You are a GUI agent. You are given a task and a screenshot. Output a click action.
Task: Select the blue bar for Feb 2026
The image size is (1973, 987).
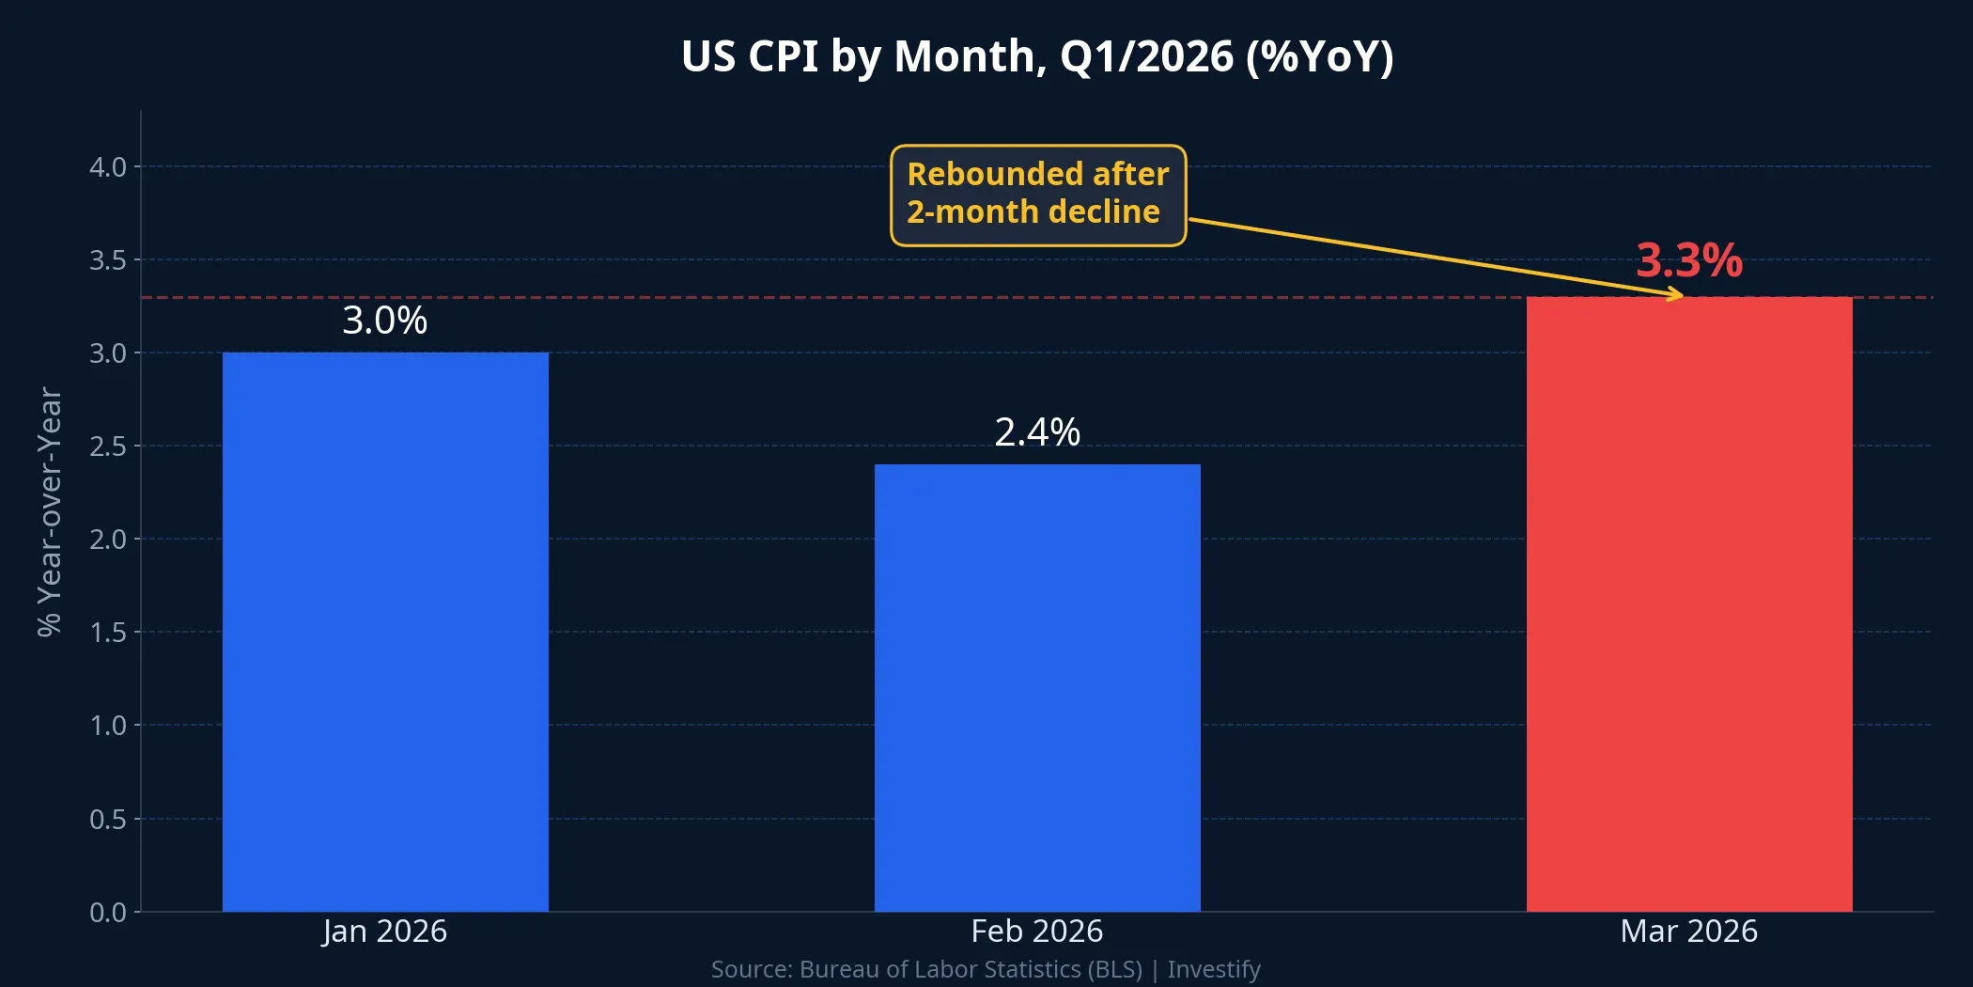[1037, 687]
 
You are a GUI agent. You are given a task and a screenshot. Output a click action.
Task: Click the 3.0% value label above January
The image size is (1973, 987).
[384, 321]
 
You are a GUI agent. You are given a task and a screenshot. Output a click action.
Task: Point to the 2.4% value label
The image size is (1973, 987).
[1037, 432]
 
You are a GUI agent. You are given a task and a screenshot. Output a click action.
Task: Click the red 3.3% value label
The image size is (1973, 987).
[1688, 260]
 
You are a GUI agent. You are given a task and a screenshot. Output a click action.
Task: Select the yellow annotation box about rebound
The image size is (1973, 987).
[1037, 195]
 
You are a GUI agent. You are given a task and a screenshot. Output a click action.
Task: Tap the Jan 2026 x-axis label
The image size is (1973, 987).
[384, 931]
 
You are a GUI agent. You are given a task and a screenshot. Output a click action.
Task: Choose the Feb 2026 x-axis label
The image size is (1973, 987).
[1036, 931]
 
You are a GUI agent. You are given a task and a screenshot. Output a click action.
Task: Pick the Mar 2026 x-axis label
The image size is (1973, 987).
[1688, 931]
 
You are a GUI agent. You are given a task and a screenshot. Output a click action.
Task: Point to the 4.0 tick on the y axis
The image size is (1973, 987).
[108, 167]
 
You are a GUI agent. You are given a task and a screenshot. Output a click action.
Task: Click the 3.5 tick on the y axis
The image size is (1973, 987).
[108, 260]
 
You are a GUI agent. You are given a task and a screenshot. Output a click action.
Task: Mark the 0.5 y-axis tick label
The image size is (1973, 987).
[108, 819]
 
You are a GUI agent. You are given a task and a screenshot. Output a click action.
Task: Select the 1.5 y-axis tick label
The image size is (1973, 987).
[108, 633]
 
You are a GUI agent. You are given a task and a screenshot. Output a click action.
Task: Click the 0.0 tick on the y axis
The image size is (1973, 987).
[108, 912]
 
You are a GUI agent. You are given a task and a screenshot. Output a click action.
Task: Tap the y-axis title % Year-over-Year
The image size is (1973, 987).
[49, 511]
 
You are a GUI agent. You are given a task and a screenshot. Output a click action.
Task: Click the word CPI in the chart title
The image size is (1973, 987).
[783, 56]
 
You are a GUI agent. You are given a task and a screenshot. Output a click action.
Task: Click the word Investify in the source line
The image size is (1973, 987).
[1213, 969]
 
